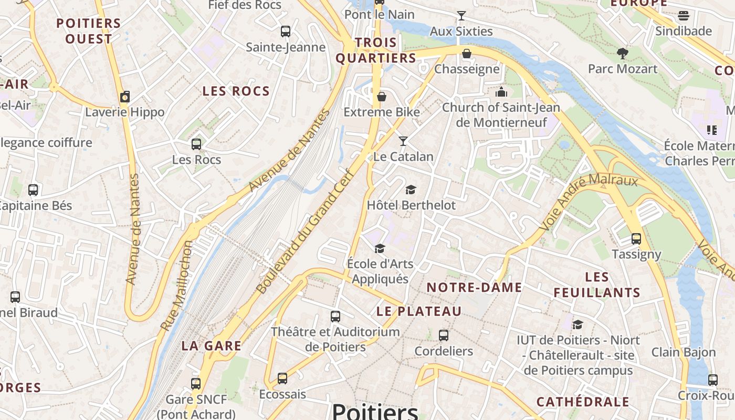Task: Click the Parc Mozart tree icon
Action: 623,53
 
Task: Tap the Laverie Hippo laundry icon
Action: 125,97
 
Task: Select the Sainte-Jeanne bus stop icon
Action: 286,31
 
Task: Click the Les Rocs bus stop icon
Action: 196,144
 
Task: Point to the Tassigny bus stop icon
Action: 636,239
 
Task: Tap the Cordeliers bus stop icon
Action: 444,335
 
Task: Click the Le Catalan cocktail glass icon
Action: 403,141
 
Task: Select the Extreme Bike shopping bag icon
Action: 382,97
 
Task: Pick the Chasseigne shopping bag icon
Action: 466,53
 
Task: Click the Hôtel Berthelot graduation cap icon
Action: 411,190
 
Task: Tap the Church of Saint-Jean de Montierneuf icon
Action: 501,92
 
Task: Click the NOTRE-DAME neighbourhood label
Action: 474,287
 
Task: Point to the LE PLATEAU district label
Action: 419,311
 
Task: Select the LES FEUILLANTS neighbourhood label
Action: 597,285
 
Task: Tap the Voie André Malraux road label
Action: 588,199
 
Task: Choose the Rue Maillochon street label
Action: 177,286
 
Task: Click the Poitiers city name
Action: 375,411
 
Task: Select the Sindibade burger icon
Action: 684,15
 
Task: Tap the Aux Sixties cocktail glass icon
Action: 461,16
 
